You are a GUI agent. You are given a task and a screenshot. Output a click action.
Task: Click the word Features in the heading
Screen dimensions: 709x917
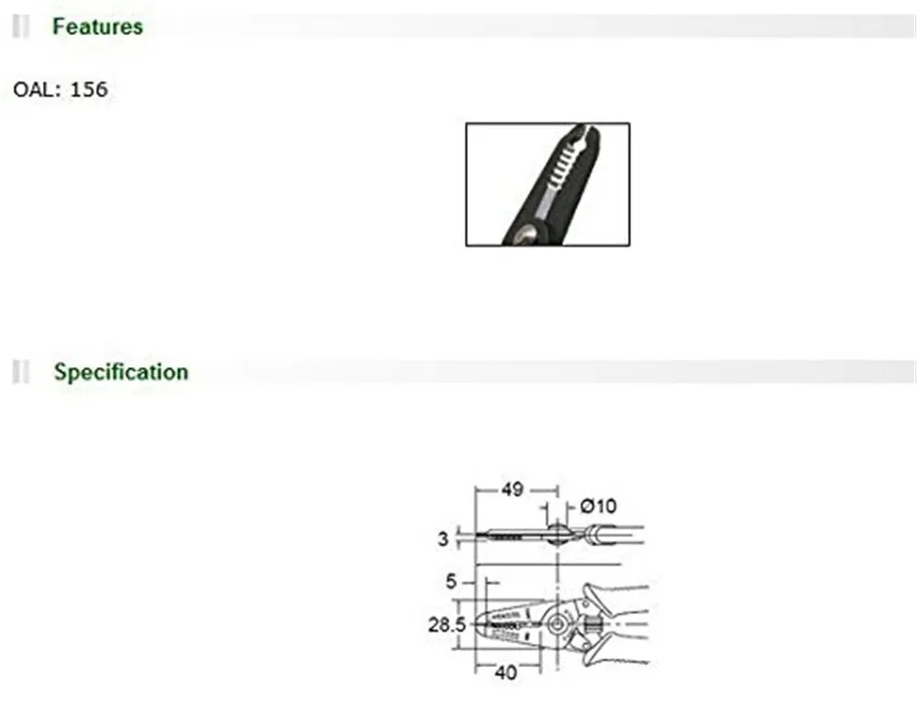point(97,26)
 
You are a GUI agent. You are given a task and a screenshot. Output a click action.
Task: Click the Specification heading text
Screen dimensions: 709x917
point(120,372)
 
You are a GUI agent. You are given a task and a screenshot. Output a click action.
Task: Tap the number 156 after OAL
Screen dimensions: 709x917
point(89,90)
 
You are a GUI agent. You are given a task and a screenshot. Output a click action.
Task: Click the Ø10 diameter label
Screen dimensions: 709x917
point(598,506)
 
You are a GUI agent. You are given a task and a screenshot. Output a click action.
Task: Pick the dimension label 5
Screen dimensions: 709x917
point(450,582)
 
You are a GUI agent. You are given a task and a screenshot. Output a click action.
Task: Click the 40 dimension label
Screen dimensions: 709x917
point(506,672)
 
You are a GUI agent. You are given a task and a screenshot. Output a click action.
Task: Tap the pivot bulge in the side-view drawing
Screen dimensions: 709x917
point(556,533)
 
